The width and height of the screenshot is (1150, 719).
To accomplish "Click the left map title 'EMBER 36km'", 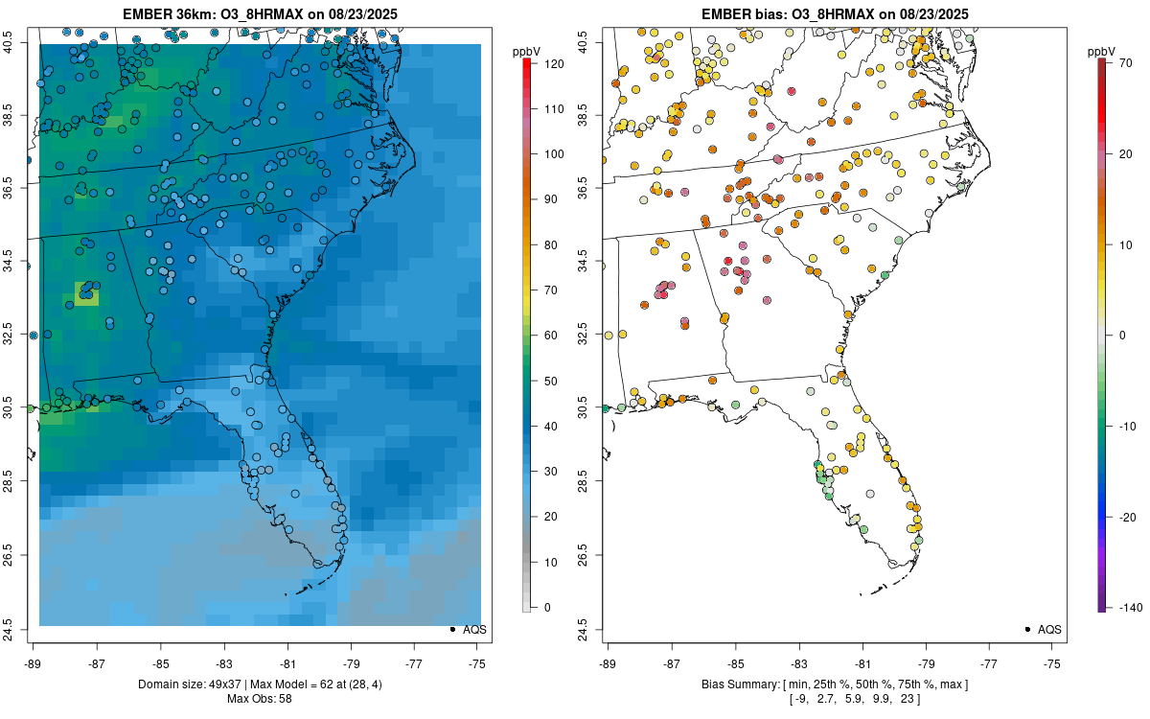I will [x=160, y=14].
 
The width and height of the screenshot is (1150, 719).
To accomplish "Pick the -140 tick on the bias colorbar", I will [x=1122, y=607].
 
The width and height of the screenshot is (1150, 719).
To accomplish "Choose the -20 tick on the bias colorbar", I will [x=1122, y=517].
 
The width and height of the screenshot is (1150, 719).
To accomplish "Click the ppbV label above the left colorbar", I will [x=527, y=51].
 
